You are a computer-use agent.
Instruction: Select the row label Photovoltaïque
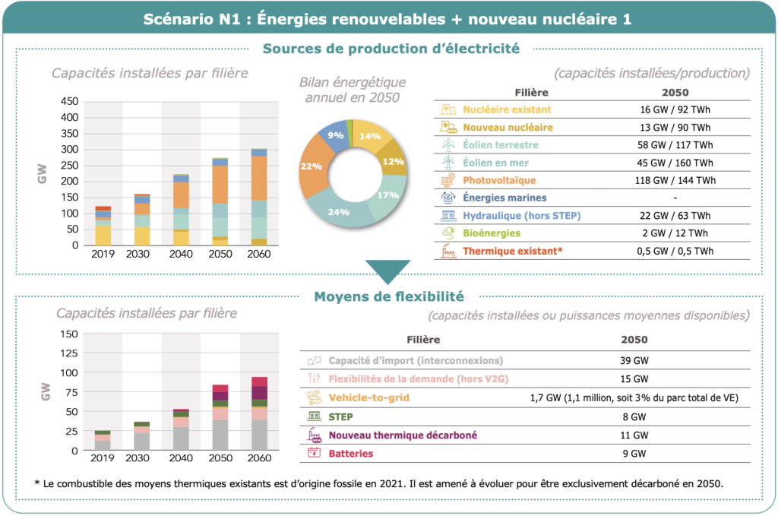pyautogui.click(x=499, y=180)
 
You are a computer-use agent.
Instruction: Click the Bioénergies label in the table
pyautogui.click(x=492, y=233)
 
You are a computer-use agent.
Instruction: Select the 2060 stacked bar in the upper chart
pyautogui.click(x=259, y=197)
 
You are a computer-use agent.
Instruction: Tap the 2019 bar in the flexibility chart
pyautogui.click(x=103, y=440)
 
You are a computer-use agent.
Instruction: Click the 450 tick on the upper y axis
pyautogui.click(x=69, y=101)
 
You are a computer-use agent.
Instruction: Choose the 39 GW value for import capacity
pyautogui.click(x=634, y=360)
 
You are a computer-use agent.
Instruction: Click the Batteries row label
pyautogui.click(x=351, y=454)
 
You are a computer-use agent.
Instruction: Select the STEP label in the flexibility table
pyautogui.click(x=340, y=416)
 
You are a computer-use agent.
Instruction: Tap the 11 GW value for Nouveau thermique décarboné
pyautogui.click(x=634, y=435)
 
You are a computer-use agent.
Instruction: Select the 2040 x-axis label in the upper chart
pyautogui.click(x=180, y=254)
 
